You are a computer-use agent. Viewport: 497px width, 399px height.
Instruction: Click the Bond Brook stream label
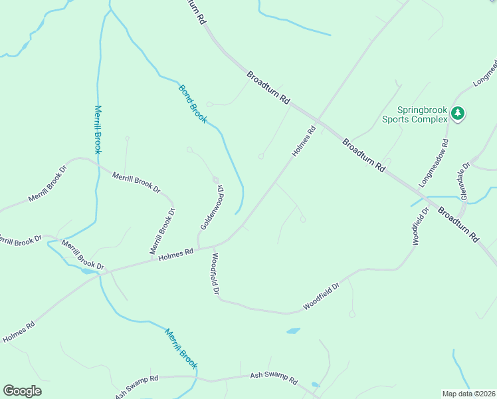193,104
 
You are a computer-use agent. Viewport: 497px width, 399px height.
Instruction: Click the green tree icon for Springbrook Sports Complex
457,114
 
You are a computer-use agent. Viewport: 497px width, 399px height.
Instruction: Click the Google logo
22,391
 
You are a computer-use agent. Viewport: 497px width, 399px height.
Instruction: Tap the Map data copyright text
468,393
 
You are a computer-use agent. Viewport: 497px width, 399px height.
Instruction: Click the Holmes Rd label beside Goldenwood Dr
176,254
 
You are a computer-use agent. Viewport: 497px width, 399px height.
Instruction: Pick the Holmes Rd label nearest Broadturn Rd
302,142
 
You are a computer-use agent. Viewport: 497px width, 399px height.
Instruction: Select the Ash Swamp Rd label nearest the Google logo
136,382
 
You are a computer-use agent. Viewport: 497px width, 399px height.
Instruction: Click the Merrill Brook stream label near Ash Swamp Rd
181,350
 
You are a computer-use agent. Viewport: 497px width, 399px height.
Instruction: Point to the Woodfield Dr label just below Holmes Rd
215,274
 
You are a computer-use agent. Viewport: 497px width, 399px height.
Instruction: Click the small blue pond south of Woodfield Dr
293,331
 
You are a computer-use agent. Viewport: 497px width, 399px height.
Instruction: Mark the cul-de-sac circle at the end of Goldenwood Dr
215,180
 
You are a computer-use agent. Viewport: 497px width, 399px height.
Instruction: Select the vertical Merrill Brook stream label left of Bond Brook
98,130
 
